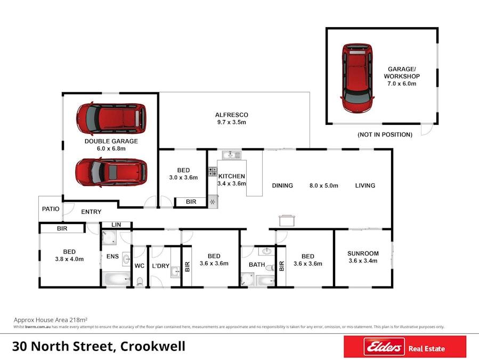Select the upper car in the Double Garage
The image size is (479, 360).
pos(111,118)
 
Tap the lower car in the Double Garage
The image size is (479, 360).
pos(111,172)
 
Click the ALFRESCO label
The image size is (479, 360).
pos(231,115)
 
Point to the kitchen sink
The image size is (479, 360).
pos(232,155)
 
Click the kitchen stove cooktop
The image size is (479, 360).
pos(213,172)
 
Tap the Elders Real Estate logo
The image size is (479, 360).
pos(405,348)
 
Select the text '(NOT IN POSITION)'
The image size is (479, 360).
pos(385,135)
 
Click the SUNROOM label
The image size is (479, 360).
pos(363,253)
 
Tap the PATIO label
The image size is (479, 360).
pos(50,209)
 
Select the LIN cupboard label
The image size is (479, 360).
pos(115,225)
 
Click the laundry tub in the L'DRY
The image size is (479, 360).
pos(175,272)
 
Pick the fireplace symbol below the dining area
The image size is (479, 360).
pos(286,219)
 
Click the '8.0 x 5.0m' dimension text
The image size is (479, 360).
pos(323,186)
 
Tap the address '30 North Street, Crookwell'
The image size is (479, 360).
pos(99,346)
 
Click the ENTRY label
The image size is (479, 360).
pos(91,212)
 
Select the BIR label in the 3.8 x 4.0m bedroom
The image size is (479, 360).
pos(62,229)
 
